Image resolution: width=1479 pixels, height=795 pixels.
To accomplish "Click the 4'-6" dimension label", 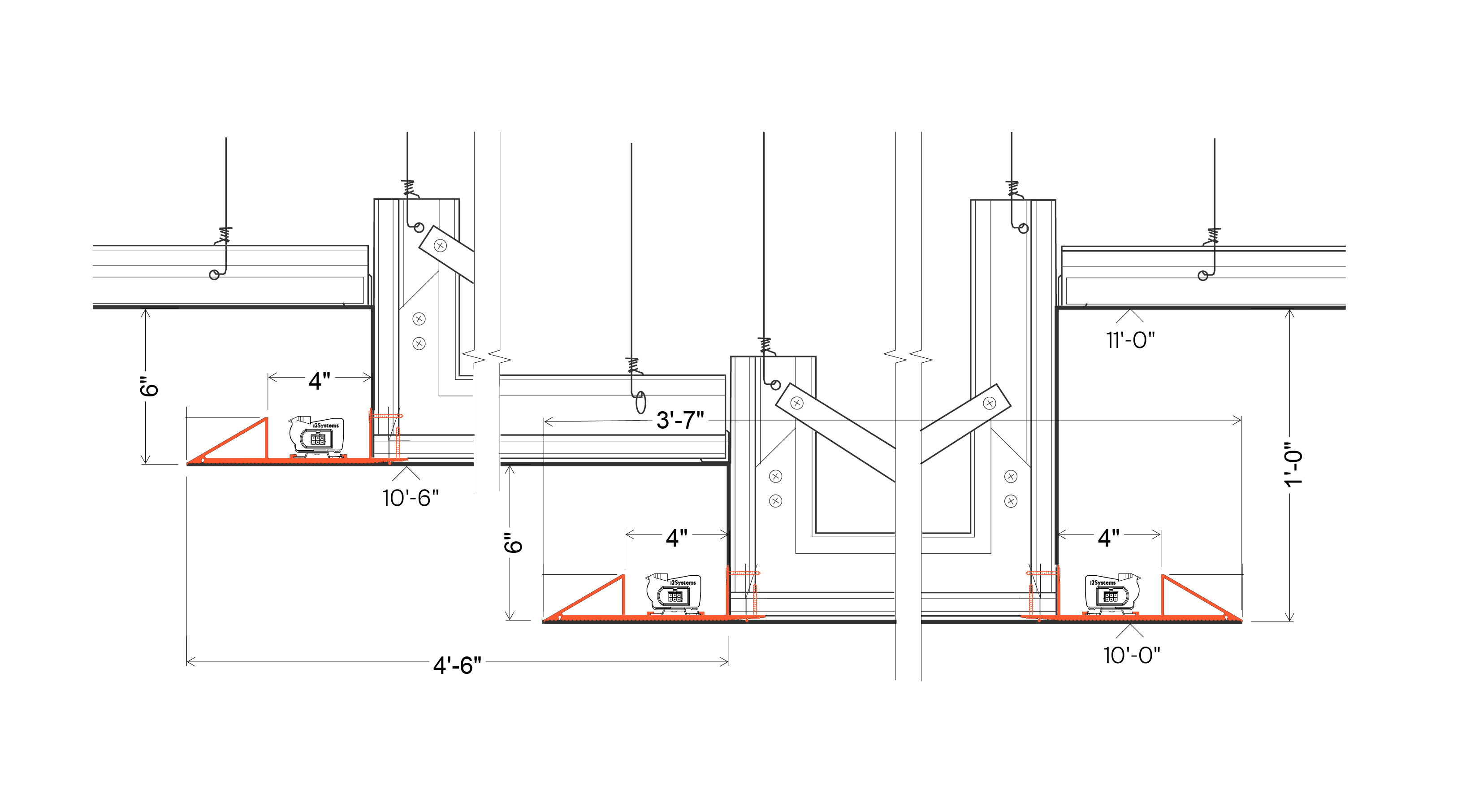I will [457, 665].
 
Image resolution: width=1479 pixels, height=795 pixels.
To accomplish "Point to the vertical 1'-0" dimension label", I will [1293, 465].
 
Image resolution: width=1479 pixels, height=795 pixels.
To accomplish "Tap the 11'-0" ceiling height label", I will [1130, 340].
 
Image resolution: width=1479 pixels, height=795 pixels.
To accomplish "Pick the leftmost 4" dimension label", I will [319, 381].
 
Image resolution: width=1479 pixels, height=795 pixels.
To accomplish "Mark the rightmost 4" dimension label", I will [1108, 538].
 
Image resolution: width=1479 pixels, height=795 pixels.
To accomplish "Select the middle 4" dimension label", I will [676, 538].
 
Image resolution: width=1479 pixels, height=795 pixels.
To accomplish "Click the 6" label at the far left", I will [149, 387].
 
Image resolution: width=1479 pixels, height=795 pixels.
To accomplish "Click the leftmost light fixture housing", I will [317, 437].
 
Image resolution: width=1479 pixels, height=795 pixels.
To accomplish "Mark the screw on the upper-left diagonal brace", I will [441, 246].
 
